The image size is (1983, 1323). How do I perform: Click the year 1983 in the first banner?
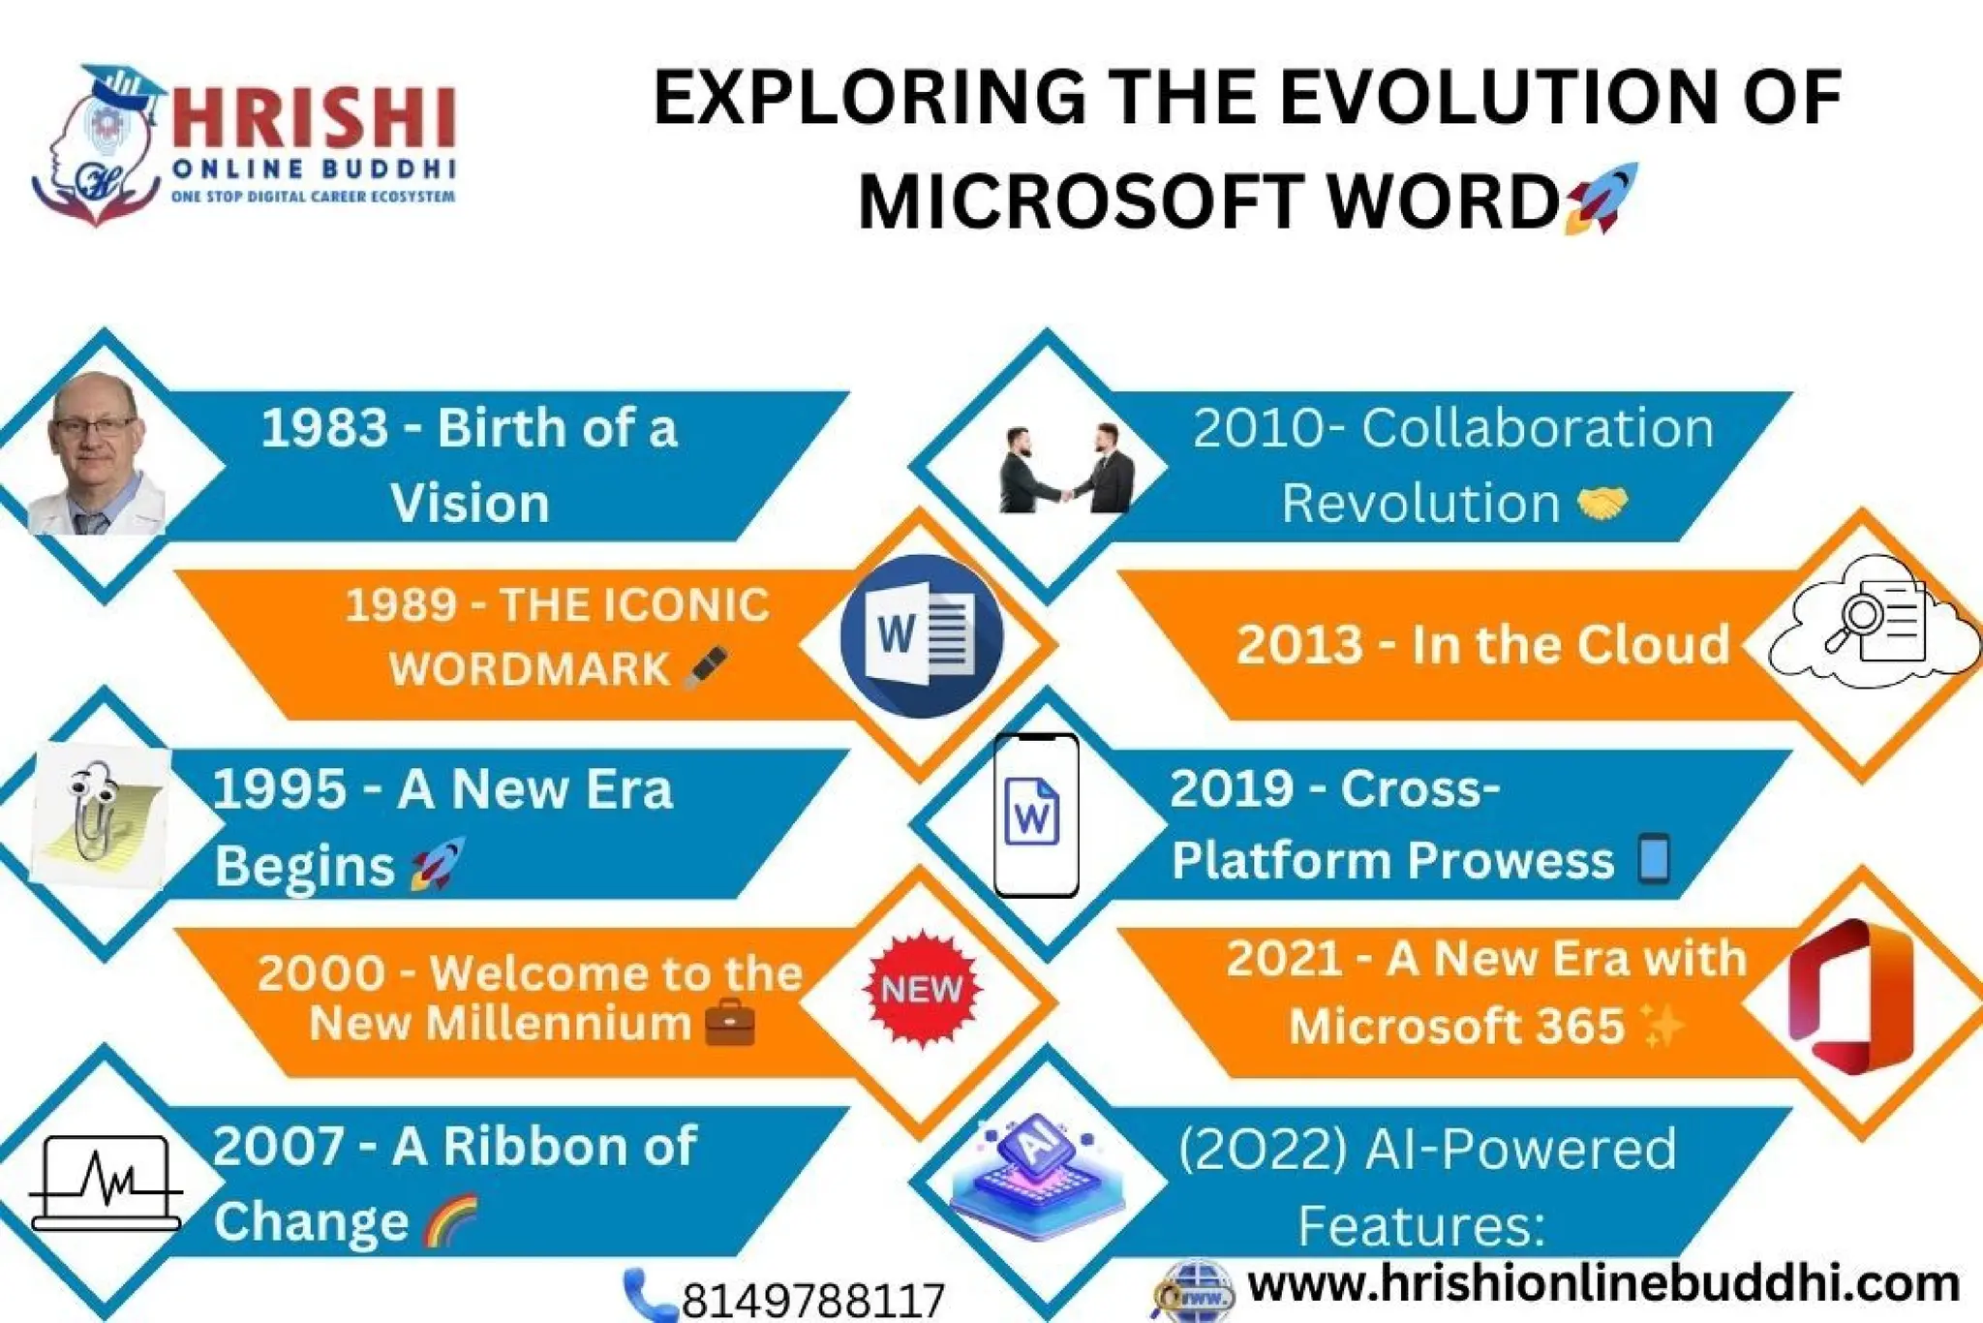click(324, 428)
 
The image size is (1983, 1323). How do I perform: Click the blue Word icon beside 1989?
click(921, 636)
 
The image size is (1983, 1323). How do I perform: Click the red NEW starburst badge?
click(921, 989)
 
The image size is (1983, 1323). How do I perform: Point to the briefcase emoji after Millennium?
click(730, 1024)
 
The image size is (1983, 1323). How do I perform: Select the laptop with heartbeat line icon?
click(107, 1184)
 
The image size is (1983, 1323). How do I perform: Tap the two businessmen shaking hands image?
click(1065, 470)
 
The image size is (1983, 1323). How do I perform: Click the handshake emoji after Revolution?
click(1602, 503)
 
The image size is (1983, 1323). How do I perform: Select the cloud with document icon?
click(1874, 623)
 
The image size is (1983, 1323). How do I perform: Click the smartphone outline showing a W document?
click(1035, 815)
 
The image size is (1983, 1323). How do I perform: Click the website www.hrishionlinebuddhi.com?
click(1602, 1284)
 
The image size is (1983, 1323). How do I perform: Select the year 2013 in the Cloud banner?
click(1299, 645)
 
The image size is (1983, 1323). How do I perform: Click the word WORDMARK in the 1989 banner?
click(529, 669)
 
